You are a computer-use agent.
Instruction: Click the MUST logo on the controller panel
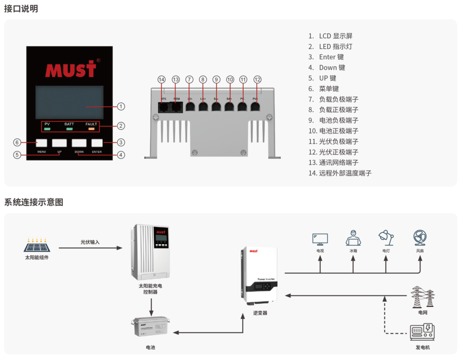pos(70,70)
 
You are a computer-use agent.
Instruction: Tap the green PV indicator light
pos(47,129)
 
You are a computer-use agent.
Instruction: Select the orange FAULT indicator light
pos(91,129)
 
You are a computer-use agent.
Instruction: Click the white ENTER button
pos(97,143)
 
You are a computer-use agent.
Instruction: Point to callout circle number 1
pos(121,106)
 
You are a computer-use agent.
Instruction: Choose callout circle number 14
pos(162,79)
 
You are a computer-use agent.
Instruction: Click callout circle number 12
pos(258,79)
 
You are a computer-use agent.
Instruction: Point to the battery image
pos(151,327)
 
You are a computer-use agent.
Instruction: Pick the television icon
pos(320,239)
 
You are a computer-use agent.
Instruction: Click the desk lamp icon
pos(386,238)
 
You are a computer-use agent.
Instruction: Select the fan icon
pos(420,238)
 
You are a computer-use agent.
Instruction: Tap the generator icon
pos(422,332)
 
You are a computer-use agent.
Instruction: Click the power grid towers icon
pos(423,296)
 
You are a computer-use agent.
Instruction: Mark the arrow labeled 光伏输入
pos(90,248)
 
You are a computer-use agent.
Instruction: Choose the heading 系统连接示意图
pos(34,203)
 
